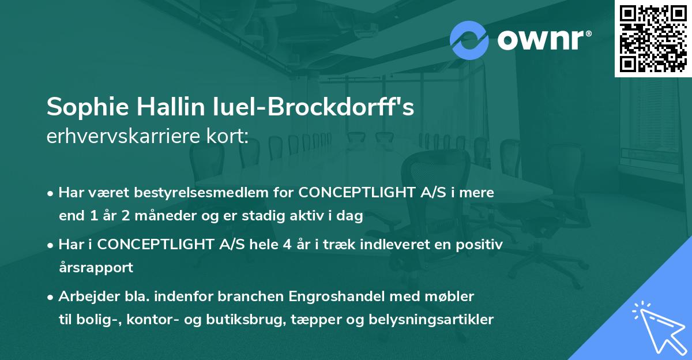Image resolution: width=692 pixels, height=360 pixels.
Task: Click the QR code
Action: tap(653, 38)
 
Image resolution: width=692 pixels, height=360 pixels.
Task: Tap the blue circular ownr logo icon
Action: tap(469, 40)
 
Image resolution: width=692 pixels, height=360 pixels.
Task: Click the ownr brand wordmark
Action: tap(544, 40)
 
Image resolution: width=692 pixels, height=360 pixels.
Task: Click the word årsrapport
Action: tap(96, 268)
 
